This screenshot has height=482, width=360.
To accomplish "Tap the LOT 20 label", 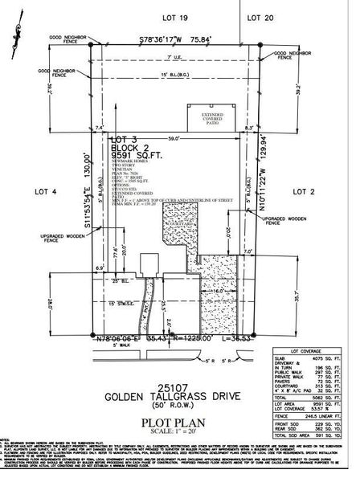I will [262, 16].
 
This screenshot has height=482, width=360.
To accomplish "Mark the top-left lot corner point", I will [90, 46].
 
